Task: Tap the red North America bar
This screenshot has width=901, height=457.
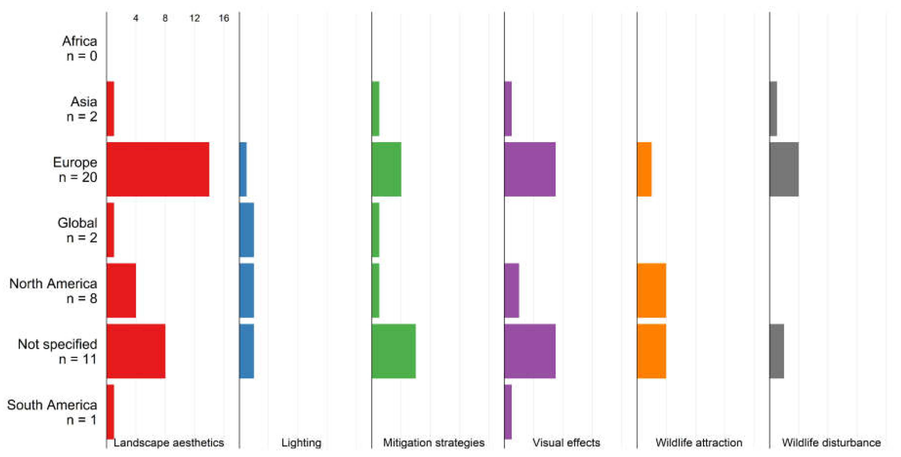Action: tap(121, 290)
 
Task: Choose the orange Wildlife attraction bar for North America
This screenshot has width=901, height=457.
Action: tap(652, 290)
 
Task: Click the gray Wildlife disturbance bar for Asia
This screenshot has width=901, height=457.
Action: tap(773, 109)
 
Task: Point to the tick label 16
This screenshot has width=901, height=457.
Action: tap(224, 18)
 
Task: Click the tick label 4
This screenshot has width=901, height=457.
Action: tap(136, 18)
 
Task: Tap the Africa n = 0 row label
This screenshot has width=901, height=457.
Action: tap(80, 48)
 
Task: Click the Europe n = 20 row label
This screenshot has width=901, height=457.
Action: tap(75, 169)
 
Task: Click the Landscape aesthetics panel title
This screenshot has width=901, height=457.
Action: tap(169, 443)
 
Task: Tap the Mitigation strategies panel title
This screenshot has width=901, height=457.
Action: tap(434, 443)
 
